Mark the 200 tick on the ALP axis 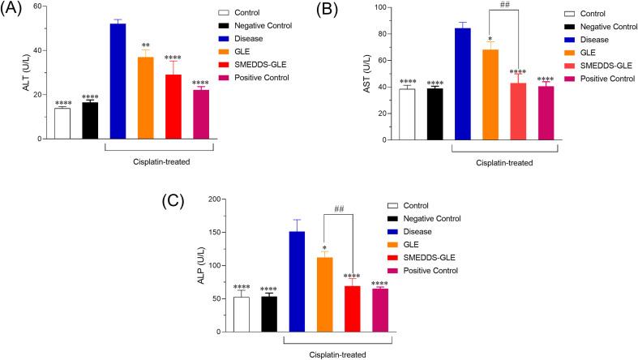[x=212, y=199]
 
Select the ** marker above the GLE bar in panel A [x=145, y=45]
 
